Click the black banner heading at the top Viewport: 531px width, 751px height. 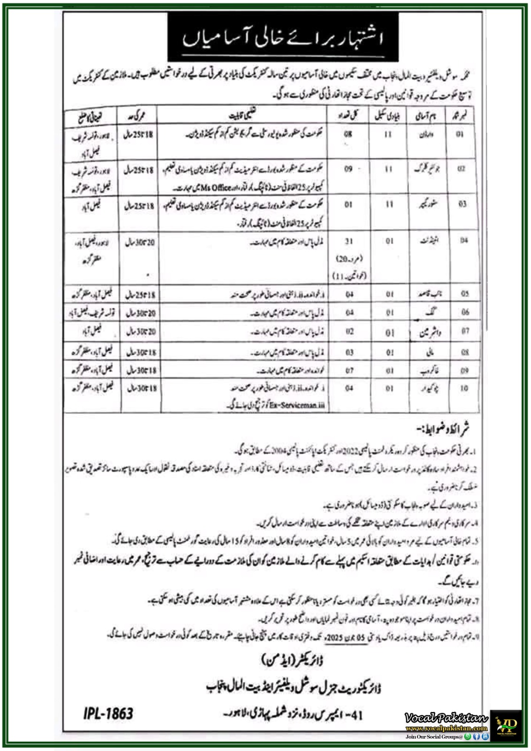pos(283,38)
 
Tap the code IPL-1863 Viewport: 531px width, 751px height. pos(108,713)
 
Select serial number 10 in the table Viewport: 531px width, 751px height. pos(464,388)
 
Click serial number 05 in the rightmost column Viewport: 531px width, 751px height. pos(464,294)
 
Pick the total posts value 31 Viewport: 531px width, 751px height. pos(348,241)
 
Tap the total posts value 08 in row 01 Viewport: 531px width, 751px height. pos(348,134)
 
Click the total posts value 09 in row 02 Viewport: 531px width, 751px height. pos(348,169)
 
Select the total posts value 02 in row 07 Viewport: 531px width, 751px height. pos(349,331)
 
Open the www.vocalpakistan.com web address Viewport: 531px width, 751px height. pos(446,728)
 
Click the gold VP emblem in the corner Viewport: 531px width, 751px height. pos(506,725)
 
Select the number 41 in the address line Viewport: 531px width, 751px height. pos(357,715)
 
